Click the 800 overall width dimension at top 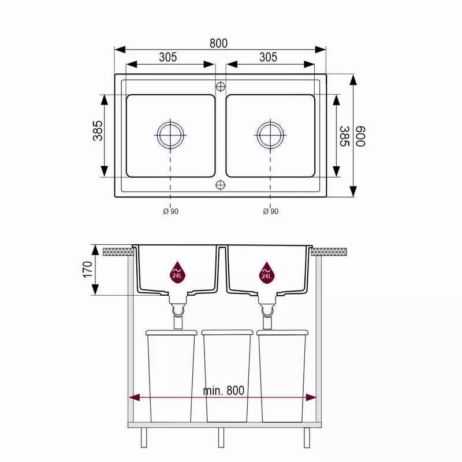[x=219, y=43]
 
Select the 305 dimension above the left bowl [x=168, y=57]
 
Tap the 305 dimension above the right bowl [x=268, y=57]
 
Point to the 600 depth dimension [x=360, y=136]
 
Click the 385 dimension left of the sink [x=98, y=131]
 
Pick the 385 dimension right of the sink [x=344, y=136]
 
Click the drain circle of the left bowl [x=170, y=135]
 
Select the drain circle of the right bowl [x=270, y=135]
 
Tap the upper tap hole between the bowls [x=221, y=87]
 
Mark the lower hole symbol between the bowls [x=221, y=185]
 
